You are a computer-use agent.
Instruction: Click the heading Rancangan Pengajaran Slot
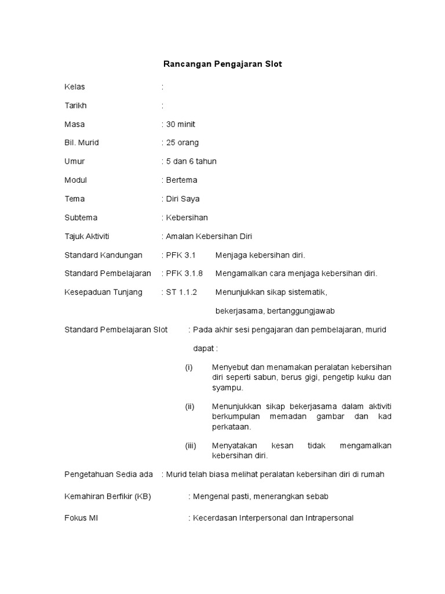pyautogui.click(x=222, y=64)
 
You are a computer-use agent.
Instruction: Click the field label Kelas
pyautogui.click(x=75, y=87)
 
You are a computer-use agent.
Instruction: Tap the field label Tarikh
pyautogui.click(x=76, y=106)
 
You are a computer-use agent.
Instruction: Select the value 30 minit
pyautogui.click(x=181, y=124)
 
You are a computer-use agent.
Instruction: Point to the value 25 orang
pyautogui.click(x=182, y=143)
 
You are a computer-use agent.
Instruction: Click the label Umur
pyautogui.click(x=75, y=161)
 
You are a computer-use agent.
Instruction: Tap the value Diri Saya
pyautogui.click(x=183, y=198)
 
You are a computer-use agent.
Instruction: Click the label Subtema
pyautogui.click(x=81, y=218)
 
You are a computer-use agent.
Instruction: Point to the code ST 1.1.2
pyautogui.click(x=181, y=292)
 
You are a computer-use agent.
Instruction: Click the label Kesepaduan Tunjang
pyautogui.click(x=103, y=292)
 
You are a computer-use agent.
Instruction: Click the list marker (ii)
pyautogui.click(x=189, y=406)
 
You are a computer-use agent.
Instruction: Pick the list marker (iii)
pyautogui.click(x=191, y=445)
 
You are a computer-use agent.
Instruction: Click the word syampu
pyautogui.click(x=228, y=387)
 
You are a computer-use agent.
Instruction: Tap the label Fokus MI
pyautogui.click(x=81, y=517)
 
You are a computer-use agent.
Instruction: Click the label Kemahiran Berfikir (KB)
pyautogui.click(x=107, y=497)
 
